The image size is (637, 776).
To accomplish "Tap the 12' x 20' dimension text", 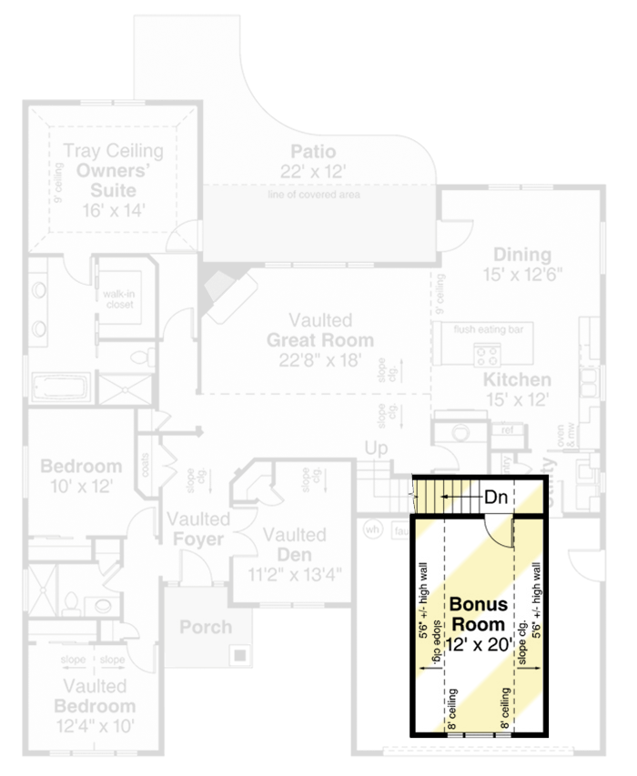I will click(477, 644).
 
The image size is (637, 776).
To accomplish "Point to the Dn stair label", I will click(495, 498).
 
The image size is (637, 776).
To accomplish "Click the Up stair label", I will click(376, 448).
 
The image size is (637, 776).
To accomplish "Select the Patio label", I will click(313, 151).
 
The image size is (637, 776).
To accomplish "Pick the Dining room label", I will click(521, 254).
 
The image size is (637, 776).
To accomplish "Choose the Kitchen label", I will click(516, 379).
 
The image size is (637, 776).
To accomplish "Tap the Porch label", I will click(205, 627).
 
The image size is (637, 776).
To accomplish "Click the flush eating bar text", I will click(493, 328).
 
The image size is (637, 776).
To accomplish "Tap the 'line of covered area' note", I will click(313, 195).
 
